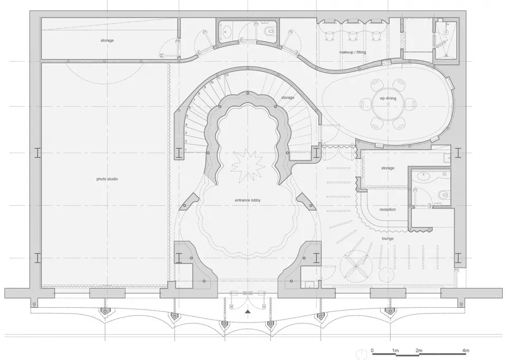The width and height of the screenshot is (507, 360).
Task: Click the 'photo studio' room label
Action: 107,179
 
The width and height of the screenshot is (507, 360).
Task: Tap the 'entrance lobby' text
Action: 248,200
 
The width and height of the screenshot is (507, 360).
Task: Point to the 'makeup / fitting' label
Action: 352,52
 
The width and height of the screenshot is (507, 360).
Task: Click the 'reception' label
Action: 388,210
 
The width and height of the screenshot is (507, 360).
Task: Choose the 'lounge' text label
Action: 387,239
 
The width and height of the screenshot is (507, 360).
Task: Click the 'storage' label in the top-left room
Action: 107,40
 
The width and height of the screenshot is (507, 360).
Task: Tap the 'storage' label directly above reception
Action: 388,168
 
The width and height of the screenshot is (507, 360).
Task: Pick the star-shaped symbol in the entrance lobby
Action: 246,164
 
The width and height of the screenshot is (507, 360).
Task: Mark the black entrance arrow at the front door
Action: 248,312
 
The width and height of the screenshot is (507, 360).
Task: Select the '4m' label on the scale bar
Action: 465,350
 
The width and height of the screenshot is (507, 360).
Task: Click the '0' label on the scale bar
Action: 372,350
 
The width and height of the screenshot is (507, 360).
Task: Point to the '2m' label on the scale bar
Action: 418,350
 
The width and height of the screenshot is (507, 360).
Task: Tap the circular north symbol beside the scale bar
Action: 360,353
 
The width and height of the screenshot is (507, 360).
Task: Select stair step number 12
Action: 227,75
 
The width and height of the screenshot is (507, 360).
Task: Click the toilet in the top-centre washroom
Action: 270,33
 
